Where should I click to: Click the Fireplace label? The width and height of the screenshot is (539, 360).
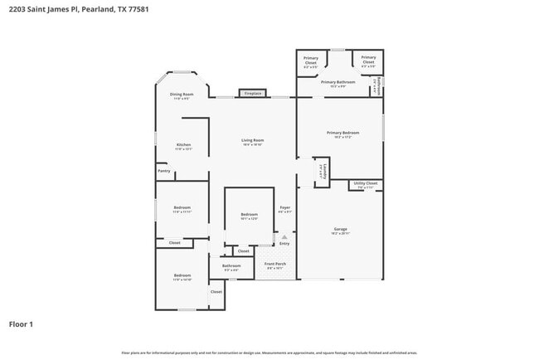point(253,94)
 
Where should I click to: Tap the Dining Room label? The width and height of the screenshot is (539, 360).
point(182,95)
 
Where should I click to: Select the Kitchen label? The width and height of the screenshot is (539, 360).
point(183,145)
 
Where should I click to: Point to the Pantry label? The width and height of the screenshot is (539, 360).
point(163,172)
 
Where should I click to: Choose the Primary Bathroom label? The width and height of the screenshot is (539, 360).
point(337,82)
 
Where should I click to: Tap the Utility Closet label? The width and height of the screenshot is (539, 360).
point(365,183)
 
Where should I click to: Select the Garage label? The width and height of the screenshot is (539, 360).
point(340,229)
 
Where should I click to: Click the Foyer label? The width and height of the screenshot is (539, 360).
point(284,207)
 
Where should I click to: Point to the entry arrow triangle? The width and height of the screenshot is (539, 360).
point(284,236)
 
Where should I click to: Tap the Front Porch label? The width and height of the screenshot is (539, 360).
point(274,264)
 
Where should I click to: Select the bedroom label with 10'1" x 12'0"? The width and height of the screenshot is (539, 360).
point(249,215)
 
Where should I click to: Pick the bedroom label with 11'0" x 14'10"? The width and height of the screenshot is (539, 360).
point(182,275)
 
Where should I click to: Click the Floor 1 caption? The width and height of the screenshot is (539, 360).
point(21,324)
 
